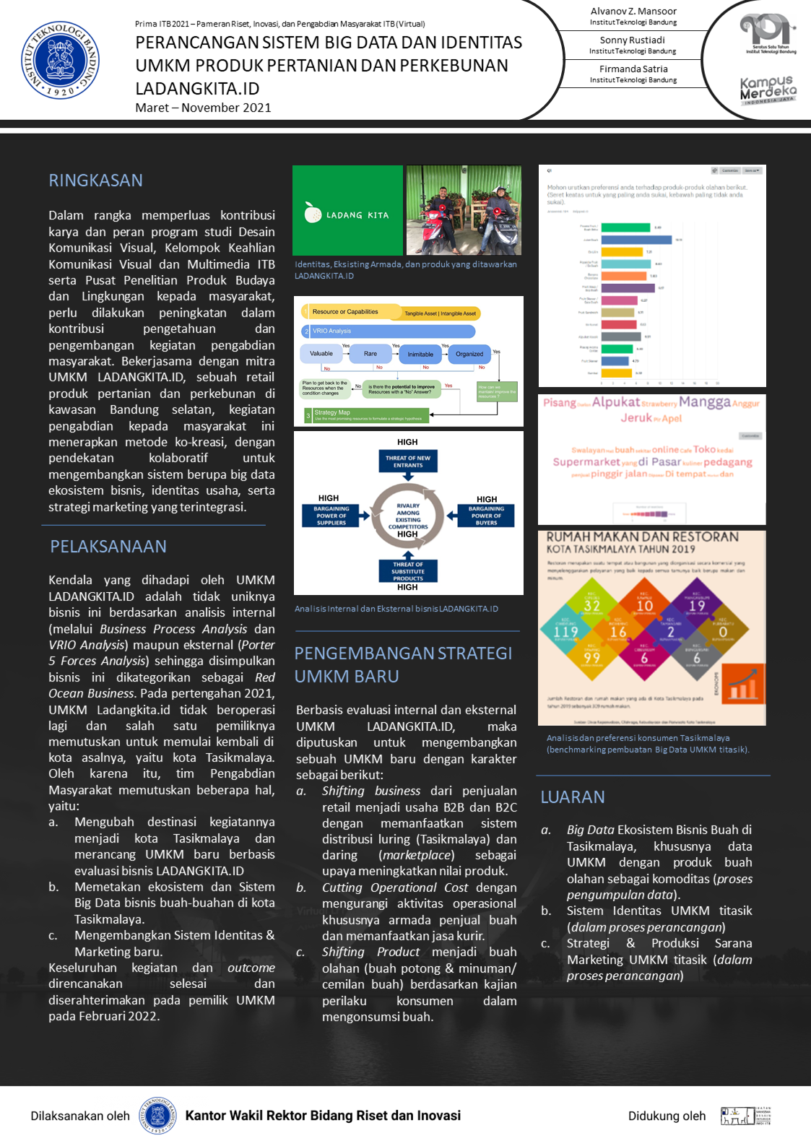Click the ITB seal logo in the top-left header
(60, 60)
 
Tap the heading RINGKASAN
(95, 181)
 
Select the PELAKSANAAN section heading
(108, 547)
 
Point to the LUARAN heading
(573, 797)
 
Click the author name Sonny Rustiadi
(632, 40)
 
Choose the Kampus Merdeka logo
(768, 91)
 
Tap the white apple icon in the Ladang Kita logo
(313, 212)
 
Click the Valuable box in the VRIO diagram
(321, 354)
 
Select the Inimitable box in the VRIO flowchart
(420, 354)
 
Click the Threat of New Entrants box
(407, 461)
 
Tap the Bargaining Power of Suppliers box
(331, 516)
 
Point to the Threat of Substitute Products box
(407, 571)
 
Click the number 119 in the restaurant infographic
(565, 632)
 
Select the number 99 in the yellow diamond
(592, 658)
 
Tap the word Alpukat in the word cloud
(615, 402)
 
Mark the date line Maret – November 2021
(203, 108)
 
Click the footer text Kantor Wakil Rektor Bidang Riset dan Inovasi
(323, 1116)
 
